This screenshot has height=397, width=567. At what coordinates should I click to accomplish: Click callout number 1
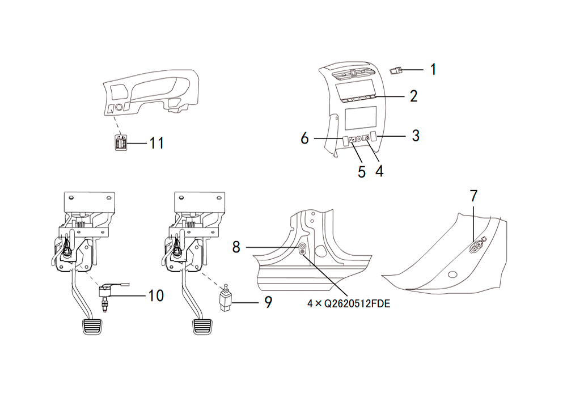(433, 69)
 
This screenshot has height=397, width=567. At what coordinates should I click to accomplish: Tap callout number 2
(414, 96)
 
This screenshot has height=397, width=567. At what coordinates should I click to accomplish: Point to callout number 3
(416, 136)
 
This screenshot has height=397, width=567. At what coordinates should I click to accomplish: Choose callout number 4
(379, 171)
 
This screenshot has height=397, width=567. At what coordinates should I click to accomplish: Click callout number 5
(362, 172)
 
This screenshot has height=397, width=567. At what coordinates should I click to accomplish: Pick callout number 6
(305, 138)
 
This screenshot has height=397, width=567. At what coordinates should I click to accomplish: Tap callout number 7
(473, 196)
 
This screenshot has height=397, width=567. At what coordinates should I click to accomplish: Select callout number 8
(236, 247)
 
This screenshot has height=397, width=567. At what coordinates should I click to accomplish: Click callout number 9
(268, 302)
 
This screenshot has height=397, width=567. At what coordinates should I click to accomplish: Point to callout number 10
(156, 295)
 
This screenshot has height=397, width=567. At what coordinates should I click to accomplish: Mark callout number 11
(156, 143)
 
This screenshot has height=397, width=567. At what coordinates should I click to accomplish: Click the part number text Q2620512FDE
(357, 304)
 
